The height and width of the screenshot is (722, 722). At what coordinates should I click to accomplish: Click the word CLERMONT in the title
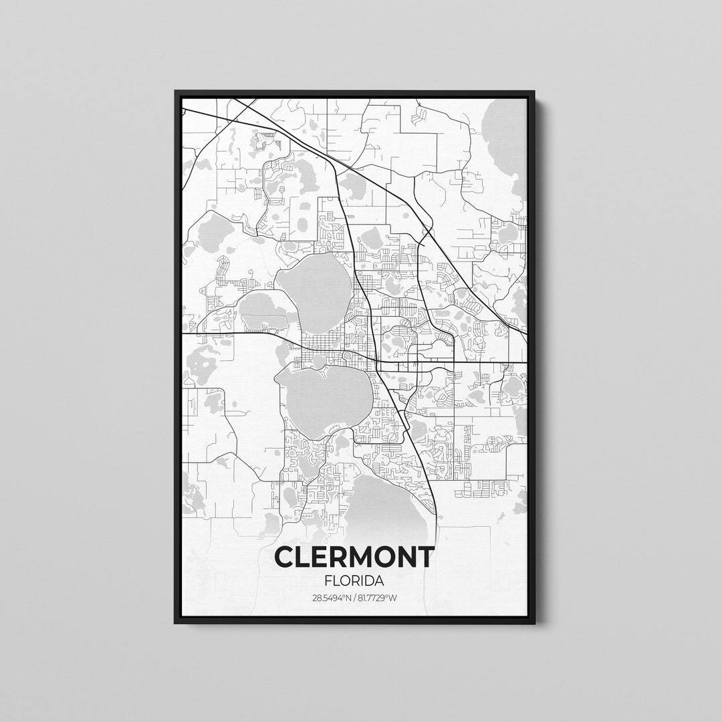coord(354,556)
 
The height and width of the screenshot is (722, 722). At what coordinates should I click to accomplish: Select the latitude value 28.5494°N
coord(331,598)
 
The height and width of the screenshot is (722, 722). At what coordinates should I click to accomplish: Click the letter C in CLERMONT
coord(285,556)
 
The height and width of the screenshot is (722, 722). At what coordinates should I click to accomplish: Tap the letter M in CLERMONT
coord(362,556)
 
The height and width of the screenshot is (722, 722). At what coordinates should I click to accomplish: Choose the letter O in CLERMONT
coord(384,556)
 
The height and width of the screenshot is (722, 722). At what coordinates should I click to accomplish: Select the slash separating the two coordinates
coord(354,598)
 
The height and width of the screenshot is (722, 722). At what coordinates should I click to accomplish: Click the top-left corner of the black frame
coord(176,92)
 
